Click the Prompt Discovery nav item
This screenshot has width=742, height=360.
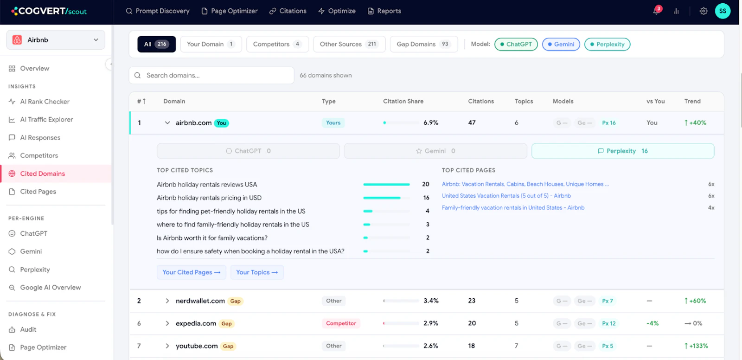(x=158, y=11)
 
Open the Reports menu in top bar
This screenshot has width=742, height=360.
(x=384, y=11)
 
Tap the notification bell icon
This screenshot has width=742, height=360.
(x=656, y=11)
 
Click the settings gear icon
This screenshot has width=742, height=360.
(x=703, y=11)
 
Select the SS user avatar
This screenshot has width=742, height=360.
(x=723, y=11)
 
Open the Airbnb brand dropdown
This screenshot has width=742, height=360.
(x=56, y=40)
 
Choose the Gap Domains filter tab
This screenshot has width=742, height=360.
(x=424, y=44)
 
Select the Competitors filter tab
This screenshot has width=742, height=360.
(x=277, y=44)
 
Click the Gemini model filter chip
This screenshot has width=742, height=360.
(x=561, y=44)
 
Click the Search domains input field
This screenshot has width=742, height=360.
(x=211, y=75)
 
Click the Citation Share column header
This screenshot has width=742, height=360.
(x=403, y=101)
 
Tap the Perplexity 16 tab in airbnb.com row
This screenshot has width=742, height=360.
(x=623, y=151)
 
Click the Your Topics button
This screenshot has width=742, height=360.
(x=257, y=272)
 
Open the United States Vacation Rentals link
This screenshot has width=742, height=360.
(x=506, y=196)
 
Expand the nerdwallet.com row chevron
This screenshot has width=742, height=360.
(x=167, y=301)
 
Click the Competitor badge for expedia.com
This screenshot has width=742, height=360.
(x=341, y=323)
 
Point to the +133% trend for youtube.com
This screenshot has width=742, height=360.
(x=696, y=346)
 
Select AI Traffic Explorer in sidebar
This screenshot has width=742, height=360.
(x=46, y=119)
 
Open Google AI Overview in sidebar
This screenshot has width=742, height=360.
(x=51, y=288)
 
